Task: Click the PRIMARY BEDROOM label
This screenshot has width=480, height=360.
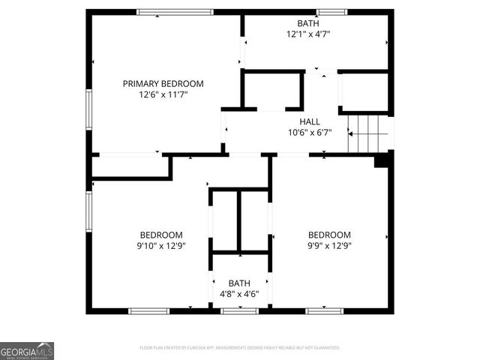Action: (163, 84)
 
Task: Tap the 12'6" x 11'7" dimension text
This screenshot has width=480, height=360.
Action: (163, 95)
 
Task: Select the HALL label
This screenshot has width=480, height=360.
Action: (309, 121)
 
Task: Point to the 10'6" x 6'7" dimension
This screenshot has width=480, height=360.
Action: (309, 133)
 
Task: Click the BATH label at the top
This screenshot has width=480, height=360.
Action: (307, 23)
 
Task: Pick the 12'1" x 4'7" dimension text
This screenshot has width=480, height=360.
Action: (307, 34)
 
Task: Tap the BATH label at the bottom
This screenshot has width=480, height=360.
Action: (239, 283)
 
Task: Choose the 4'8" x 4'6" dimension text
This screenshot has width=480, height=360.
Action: (239, 294)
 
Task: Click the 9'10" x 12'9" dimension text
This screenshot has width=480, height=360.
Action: (161, 245)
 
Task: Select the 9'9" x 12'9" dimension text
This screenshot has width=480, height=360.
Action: (329, 245)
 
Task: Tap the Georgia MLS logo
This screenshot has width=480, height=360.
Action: (27, 350)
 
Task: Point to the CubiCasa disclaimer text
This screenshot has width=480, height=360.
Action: (240, 348)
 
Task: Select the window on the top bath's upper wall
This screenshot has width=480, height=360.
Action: (331, 12)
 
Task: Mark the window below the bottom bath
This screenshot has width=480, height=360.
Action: (239, 310)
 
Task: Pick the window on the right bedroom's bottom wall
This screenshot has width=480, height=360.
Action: (325, 310)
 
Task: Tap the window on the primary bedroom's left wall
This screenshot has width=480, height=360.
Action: (88, 110)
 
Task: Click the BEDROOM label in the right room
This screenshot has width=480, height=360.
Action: (329, 235)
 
